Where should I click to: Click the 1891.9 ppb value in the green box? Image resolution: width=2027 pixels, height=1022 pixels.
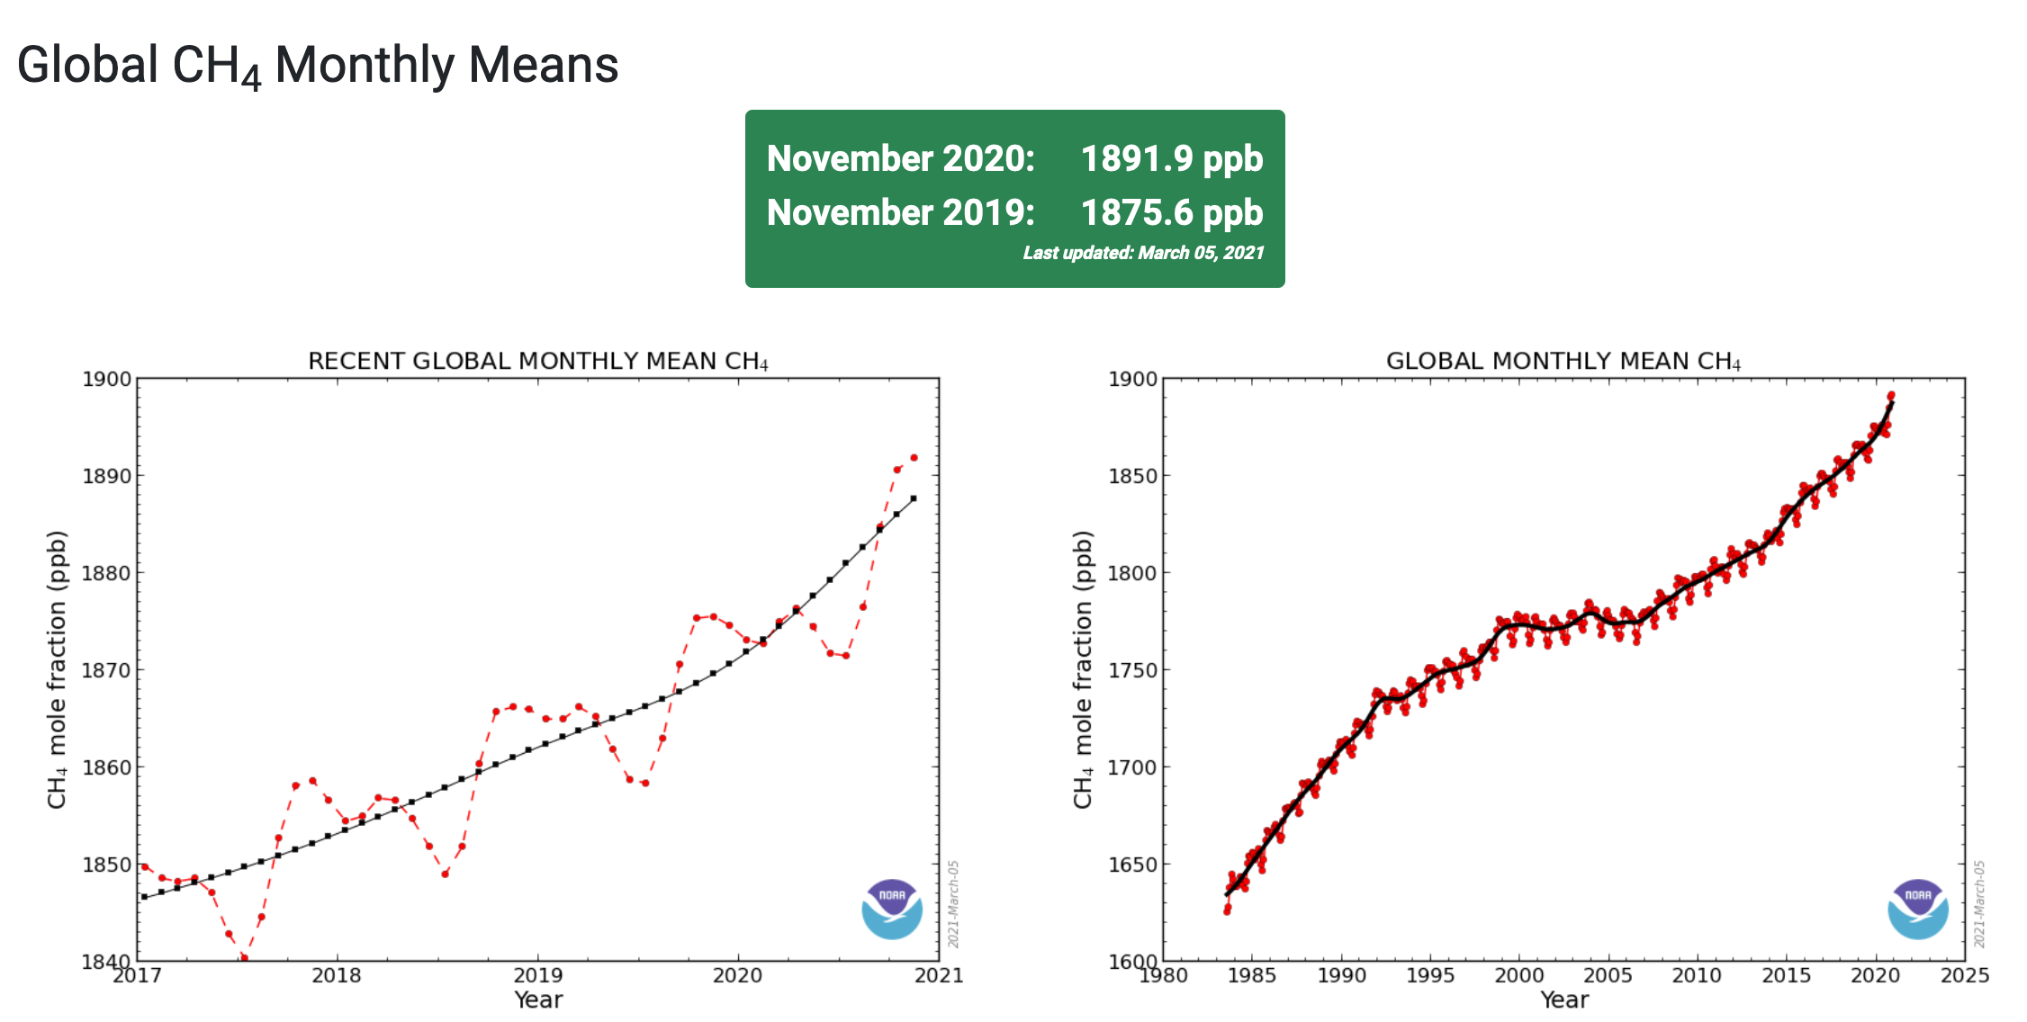click(x=1171, y=159)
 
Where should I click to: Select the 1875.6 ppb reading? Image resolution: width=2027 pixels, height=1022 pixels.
click(x=1171, y=213)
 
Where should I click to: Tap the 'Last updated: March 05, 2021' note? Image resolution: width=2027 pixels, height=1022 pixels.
click(x=1143, y=253)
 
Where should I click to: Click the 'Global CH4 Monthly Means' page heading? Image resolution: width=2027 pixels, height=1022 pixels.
click(x=318, y=66)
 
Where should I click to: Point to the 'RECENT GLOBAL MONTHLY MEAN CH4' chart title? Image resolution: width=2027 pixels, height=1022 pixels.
click(x=537, y=361)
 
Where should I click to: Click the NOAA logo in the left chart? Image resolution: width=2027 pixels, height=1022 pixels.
click(x=892, y=909)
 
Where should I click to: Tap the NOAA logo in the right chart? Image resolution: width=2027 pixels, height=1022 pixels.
click(x=1917, y=909)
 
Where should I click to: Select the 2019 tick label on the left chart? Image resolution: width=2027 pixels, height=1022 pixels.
click(x=537, y=975)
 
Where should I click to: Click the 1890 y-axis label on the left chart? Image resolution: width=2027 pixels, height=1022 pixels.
click(x=106, y=476)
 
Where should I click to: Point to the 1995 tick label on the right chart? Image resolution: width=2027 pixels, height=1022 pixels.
click(x=1430, y=975)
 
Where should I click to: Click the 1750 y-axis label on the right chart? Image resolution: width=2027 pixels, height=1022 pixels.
click(x=1132, y=670)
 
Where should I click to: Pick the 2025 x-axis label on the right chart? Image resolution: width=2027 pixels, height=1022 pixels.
click(x=1964, y=975)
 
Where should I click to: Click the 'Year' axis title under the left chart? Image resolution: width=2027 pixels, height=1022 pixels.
click(x=537, y=1000)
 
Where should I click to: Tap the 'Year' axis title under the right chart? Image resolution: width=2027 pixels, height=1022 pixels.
click(x=1563, y=1000)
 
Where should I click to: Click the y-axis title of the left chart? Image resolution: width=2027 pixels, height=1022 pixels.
click(x=57, y=670)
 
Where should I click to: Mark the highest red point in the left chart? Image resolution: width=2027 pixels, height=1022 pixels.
click(x=914, y=458)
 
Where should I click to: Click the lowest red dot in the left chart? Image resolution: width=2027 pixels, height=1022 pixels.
click(x=244, y=957)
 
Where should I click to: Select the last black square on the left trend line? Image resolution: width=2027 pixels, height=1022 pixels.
click(x=914, y=498)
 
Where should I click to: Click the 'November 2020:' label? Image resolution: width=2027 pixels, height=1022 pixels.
click(x=900, y=159)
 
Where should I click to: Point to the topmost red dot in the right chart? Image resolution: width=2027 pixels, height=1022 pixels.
click(x=1891, y=395)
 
